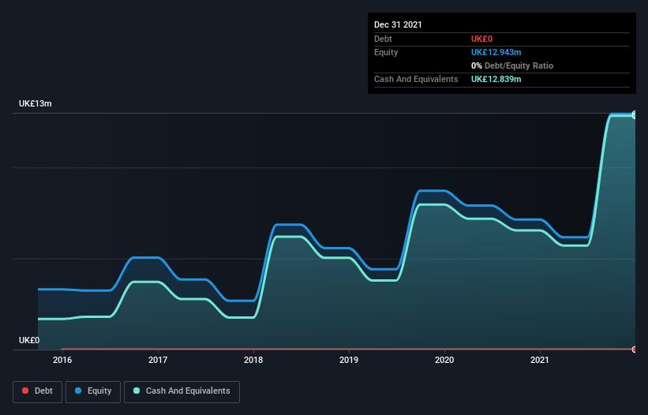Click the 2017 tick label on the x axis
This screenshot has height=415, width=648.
pyautogui.click(x=158, y=361)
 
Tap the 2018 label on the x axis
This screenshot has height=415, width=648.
pyautogui.click(x=253, y=361)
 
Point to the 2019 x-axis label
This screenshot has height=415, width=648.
pyautogui.click(x=349, y=361)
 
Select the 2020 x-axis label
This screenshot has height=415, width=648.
pyautogui.click(x=444, y=361)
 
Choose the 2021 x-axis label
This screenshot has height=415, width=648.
pyautogui.click(x=540, y=361)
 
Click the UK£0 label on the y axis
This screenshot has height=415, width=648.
pyautogui.click(x=29, y=340)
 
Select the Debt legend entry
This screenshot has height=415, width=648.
pyautogui.click(x=37, y=391)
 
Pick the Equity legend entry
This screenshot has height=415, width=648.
pyautogui.click(x=93, y=391)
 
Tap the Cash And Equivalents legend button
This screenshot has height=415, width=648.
pyautogui.click(x=182, y=391)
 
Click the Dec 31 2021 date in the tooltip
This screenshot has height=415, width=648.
pyautogui.click(x=398, y=24)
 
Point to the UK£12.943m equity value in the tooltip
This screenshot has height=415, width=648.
pyautogui.click(x=496, y=52)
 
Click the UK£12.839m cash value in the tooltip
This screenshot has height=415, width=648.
pyautogui.click(x=496, y=79)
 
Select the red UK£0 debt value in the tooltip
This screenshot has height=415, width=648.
pyautogui.click(x=481, y=39)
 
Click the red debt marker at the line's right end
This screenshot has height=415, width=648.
pyautogui.click(x=635, y=349)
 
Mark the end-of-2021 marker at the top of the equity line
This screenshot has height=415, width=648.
pyautogui.click(x=635, y=114)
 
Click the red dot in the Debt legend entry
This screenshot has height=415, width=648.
pyautogui.click(x=25, y=391)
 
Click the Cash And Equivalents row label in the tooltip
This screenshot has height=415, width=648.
pyautogui.click(x=416, y=79)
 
